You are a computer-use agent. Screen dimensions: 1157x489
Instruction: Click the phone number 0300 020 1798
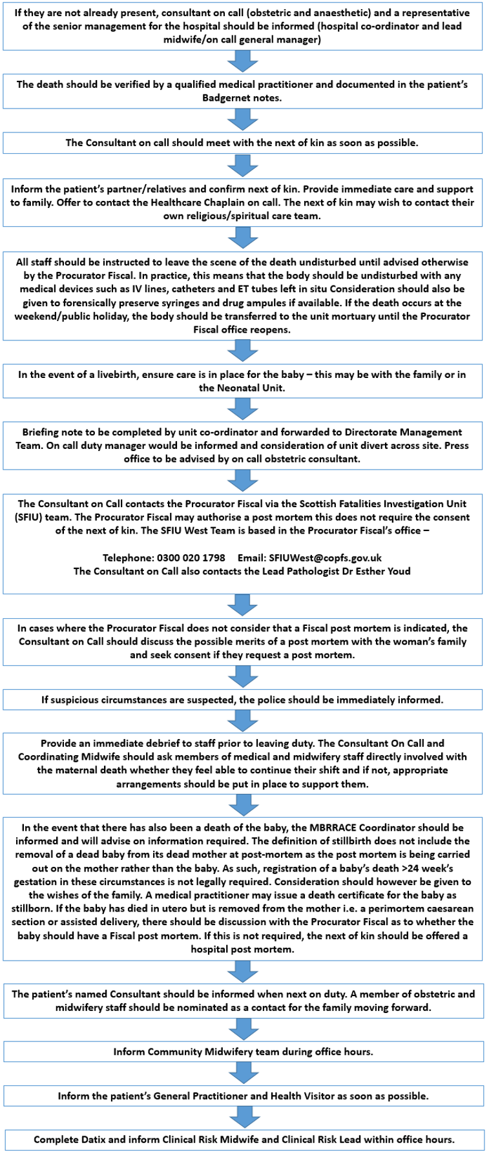pyautogui.click(x=191, y=558)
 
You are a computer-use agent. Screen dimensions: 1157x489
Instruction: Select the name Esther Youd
pyautogui.click(x=380, y=571)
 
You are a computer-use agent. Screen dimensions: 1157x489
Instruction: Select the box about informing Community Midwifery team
pyautogui.click(x=243, y=1052)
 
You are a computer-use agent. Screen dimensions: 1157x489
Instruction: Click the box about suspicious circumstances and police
pyautogui.click(x=243, y=700)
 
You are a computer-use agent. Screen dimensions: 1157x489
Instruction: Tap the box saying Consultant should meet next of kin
pyautogui.click(x=243, y=143)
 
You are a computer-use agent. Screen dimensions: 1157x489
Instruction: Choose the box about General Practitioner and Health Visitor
pyautogui.click(x=243, y=1096)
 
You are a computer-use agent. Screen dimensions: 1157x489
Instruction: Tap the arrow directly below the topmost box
pyautogui.click(x=243, y=62)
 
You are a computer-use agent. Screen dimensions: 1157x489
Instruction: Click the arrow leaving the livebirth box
pyautogui.click(x=243, y=408)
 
